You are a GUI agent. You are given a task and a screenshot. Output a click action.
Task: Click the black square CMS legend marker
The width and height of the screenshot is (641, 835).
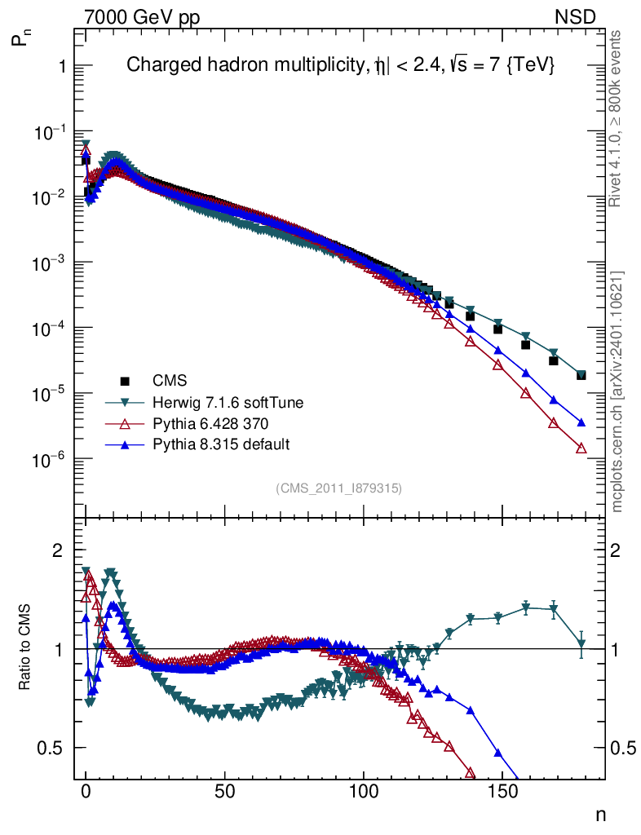coord(125,381)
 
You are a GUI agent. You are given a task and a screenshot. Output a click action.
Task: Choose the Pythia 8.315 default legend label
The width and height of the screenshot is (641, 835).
coord(221,444)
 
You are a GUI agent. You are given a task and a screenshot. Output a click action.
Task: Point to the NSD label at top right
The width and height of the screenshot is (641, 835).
coord(576,17)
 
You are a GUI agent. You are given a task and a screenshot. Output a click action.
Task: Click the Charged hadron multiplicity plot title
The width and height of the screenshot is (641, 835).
coord(340,67)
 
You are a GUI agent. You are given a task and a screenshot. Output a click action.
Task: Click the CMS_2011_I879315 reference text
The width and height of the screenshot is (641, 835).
coord(339,488)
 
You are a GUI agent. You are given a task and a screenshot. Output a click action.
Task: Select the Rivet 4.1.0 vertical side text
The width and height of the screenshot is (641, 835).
coord(618,118)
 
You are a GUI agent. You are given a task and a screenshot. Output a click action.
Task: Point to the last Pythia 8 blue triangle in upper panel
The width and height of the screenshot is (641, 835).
coord(581,422)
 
